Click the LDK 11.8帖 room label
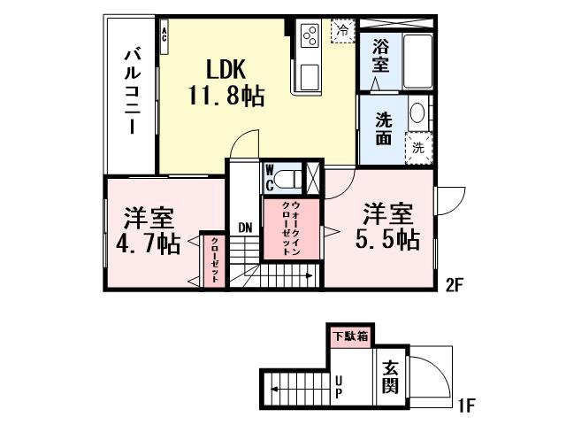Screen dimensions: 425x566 pyautogui.click(x=225, y=82)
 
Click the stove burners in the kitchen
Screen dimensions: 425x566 pyautogui.click(x=310, y=35)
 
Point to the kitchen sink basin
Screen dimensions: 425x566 pyautogui.click(x=310, y=77)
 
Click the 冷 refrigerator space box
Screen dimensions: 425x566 pyautogui.click(x=341, y=30)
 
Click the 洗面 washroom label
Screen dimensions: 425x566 pyautogui.click(x=383, y=129)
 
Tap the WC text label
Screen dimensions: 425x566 pyautogui.click(x=270, y=177)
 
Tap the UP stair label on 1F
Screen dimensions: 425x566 pyautogui.click(x=338, y=387)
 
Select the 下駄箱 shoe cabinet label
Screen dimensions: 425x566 pyautogui.click(x=350, y=336)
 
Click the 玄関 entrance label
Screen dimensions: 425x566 pyautogui.click(x=390, y=375)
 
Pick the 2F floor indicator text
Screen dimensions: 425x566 pyautogui.click(x=455, y=284)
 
